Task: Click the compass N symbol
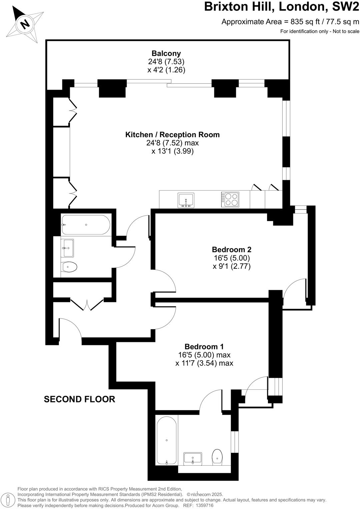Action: coord(24,24)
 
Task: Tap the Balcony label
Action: coord(166,53)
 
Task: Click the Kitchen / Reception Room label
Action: coord(172,135)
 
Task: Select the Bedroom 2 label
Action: coord(231,250)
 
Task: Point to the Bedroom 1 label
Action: coord(204,346)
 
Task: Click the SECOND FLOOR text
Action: coord(79,399)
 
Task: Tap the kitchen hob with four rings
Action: coord(230,200)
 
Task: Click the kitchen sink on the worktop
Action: coord(186,200)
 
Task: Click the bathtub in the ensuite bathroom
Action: coord(167,440)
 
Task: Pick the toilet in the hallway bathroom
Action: coord(69,267)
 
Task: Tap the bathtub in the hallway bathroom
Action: coord(86,225)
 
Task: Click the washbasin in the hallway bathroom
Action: coord(68,248)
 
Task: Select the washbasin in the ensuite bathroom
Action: coord(193,459)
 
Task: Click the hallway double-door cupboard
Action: coord(87,304)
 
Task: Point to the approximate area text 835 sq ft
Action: coord(290,22)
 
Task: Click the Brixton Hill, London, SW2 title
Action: coord(282,7)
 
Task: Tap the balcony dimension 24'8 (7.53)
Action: coord(166,62)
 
